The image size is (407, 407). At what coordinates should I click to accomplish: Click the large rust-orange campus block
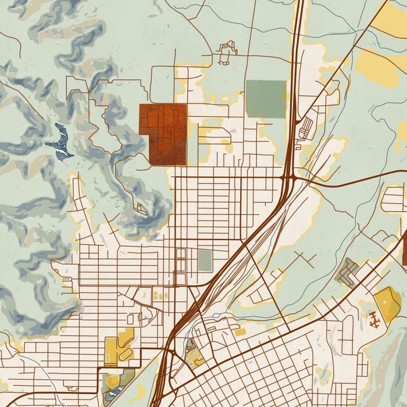164,133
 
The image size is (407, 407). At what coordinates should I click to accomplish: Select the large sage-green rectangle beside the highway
266,99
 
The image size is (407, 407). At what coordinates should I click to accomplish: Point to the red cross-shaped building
372,317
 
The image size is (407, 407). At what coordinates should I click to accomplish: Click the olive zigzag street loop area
349,272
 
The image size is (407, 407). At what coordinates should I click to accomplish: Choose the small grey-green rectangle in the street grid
205,260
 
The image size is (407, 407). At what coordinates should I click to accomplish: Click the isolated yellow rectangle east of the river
240,332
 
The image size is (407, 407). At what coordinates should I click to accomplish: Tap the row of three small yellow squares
160,296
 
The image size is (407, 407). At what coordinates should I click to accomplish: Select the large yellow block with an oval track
119,348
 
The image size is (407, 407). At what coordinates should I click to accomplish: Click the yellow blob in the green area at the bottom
140,391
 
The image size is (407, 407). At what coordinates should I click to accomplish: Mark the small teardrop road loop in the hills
140,208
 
